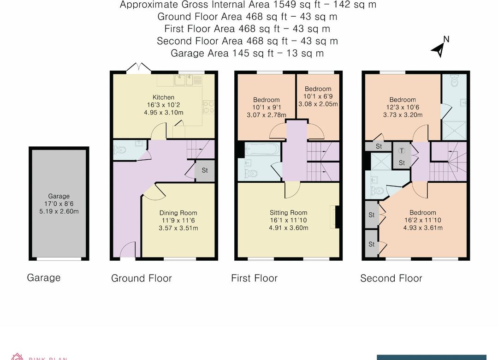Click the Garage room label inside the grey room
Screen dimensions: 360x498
click(59, 196)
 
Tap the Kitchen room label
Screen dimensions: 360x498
click(163, 97)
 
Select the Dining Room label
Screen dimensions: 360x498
click(178, 213)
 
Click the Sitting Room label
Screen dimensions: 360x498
click(288, 213)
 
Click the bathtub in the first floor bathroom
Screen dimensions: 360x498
click(260, 150)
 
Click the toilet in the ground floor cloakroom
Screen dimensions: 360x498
click(121, 150)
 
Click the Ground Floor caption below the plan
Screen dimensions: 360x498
click(141, 278)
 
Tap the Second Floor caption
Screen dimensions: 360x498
click(391, 278)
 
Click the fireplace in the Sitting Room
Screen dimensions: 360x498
click(335, 216)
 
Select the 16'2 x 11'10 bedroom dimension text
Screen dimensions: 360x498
click(423, 220)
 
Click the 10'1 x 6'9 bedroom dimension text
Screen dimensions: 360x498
click(318, 96)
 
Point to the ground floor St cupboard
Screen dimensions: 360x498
click(205, 170)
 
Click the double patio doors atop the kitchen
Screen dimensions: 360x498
click(138, 68)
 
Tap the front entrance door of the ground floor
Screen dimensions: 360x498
click(127, 251)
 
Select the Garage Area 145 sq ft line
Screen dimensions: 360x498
click(247, 53)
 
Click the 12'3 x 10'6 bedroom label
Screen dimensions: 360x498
click(403, 107)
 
